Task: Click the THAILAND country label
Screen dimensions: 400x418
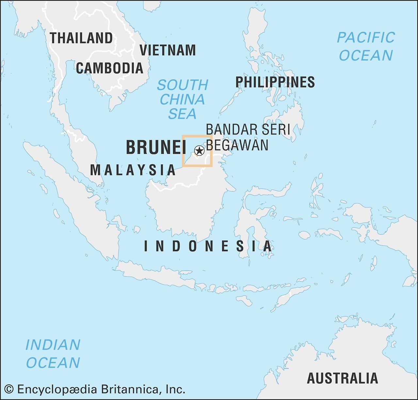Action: coord(81,38)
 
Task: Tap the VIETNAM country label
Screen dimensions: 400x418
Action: coord(168,50)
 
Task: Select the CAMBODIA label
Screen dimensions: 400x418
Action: coord(110,68)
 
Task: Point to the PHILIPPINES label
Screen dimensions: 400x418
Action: coord(275,82)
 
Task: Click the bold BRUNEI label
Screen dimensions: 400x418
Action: coord(156,147)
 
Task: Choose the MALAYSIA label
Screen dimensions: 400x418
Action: coord(133,170)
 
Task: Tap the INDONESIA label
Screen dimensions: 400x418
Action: coord(208,246)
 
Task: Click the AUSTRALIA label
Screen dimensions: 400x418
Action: coord(342,378)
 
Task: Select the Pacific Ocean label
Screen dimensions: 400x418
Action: coord(366,46)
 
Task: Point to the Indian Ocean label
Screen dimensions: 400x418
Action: coord(53,354)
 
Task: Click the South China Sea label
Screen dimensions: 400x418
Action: coord(182,99)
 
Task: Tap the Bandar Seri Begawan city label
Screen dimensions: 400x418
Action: coord(248,137)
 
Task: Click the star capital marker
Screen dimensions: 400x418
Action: coord(199,151)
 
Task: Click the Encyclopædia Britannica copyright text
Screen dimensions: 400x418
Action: coord(101,389)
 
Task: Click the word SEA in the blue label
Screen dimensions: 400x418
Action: coord(182,114)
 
